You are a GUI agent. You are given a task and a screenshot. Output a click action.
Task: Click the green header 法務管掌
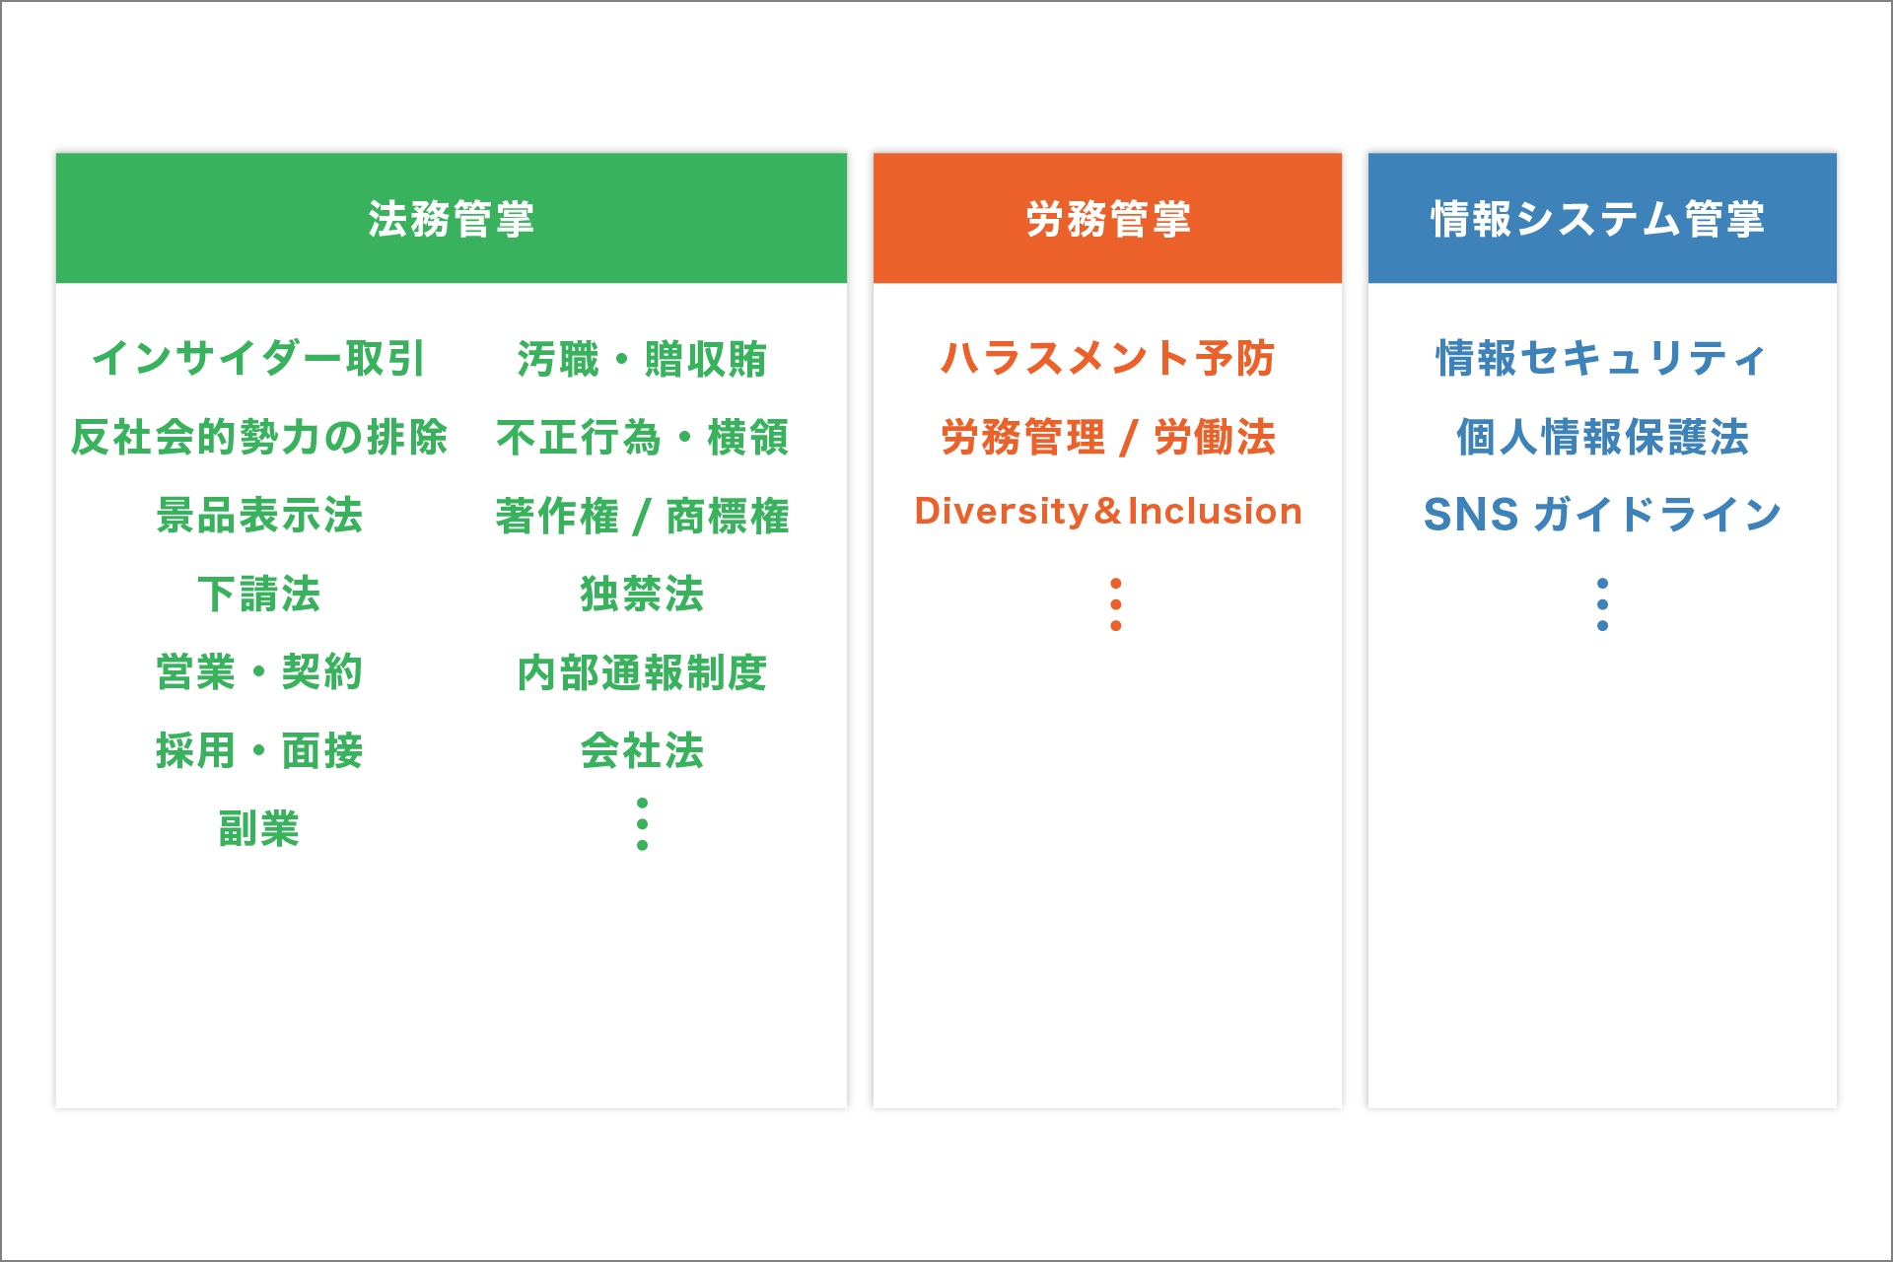pyautogui.click(x=452, y=218)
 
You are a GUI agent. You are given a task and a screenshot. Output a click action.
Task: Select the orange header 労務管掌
pyautogui.click(x=1107, y=218)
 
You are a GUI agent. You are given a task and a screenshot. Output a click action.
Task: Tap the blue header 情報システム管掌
pyautogui.click(x=1601, y=218)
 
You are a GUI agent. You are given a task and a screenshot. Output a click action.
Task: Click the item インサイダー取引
pyautogui.click(x=258, y=358)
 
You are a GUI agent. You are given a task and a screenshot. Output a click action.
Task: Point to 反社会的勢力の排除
pyautogui.click(x=258, y=437)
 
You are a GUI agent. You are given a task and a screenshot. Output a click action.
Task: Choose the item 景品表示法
pyautogui.click(x=258, y=515)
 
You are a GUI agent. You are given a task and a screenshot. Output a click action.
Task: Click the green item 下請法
pyautogui.click(x=258, y=594)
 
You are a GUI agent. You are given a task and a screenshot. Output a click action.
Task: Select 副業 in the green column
pyautogui.click(x=258, y=828)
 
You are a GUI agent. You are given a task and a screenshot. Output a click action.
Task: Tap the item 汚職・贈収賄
pyautogui.click(x=642, y=358)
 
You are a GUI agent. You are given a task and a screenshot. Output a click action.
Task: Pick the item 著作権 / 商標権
pyautogui.click(x=642, y=515)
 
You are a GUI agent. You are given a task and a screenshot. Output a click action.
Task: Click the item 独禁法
pyautogui.click(x=642, y=594)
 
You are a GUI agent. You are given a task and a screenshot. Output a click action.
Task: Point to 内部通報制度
pyautogui.click(x=642, y=672)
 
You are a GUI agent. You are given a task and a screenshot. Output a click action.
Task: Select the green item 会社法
pyautogui.click(x=642, y=750)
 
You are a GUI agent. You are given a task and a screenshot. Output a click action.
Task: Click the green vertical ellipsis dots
pyautogui.click(x=642, y=824)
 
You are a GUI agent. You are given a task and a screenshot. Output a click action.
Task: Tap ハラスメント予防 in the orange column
pyautogui.click(x=1107, y=358)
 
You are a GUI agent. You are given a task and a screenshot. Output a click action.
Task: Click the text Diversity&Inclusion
pyautogui.click(x=1107, y=511)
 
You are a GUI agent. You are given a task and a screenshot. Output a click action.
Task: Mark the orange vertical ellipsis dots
pyautogui.click(x=1115, y=604)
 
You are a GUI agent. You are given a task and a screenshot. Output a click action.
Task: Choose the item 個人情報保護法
pyautogui.click(x=1602, y=437)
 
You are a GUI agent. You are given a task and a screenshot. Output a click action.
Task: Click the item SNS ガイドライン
pyautogui.click(x=1602, y=515)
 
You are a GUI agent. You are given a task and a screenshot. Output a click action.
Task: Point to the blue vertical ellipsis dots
pyautogui.click(x=1602, y=604)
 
